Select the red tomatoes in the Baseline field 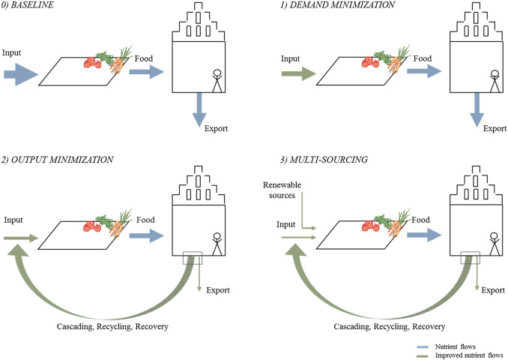coord(92,62)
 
